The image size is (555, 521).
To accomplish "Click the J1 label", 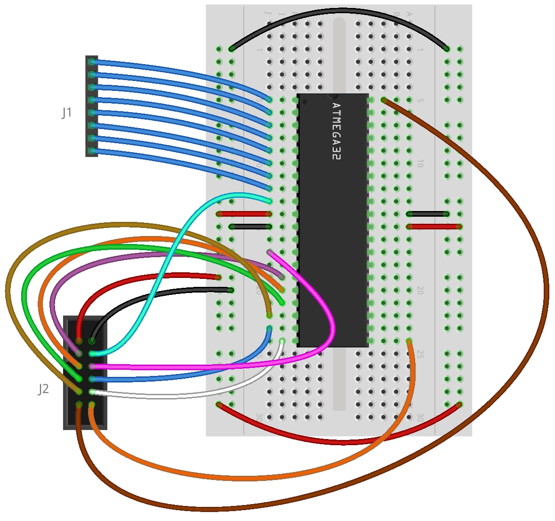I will coord(67,113).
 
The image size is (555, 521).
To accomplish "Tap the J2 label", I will coord(43,389).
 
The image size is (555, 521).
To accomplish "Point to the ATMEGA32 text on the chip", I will coord(335,131).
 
